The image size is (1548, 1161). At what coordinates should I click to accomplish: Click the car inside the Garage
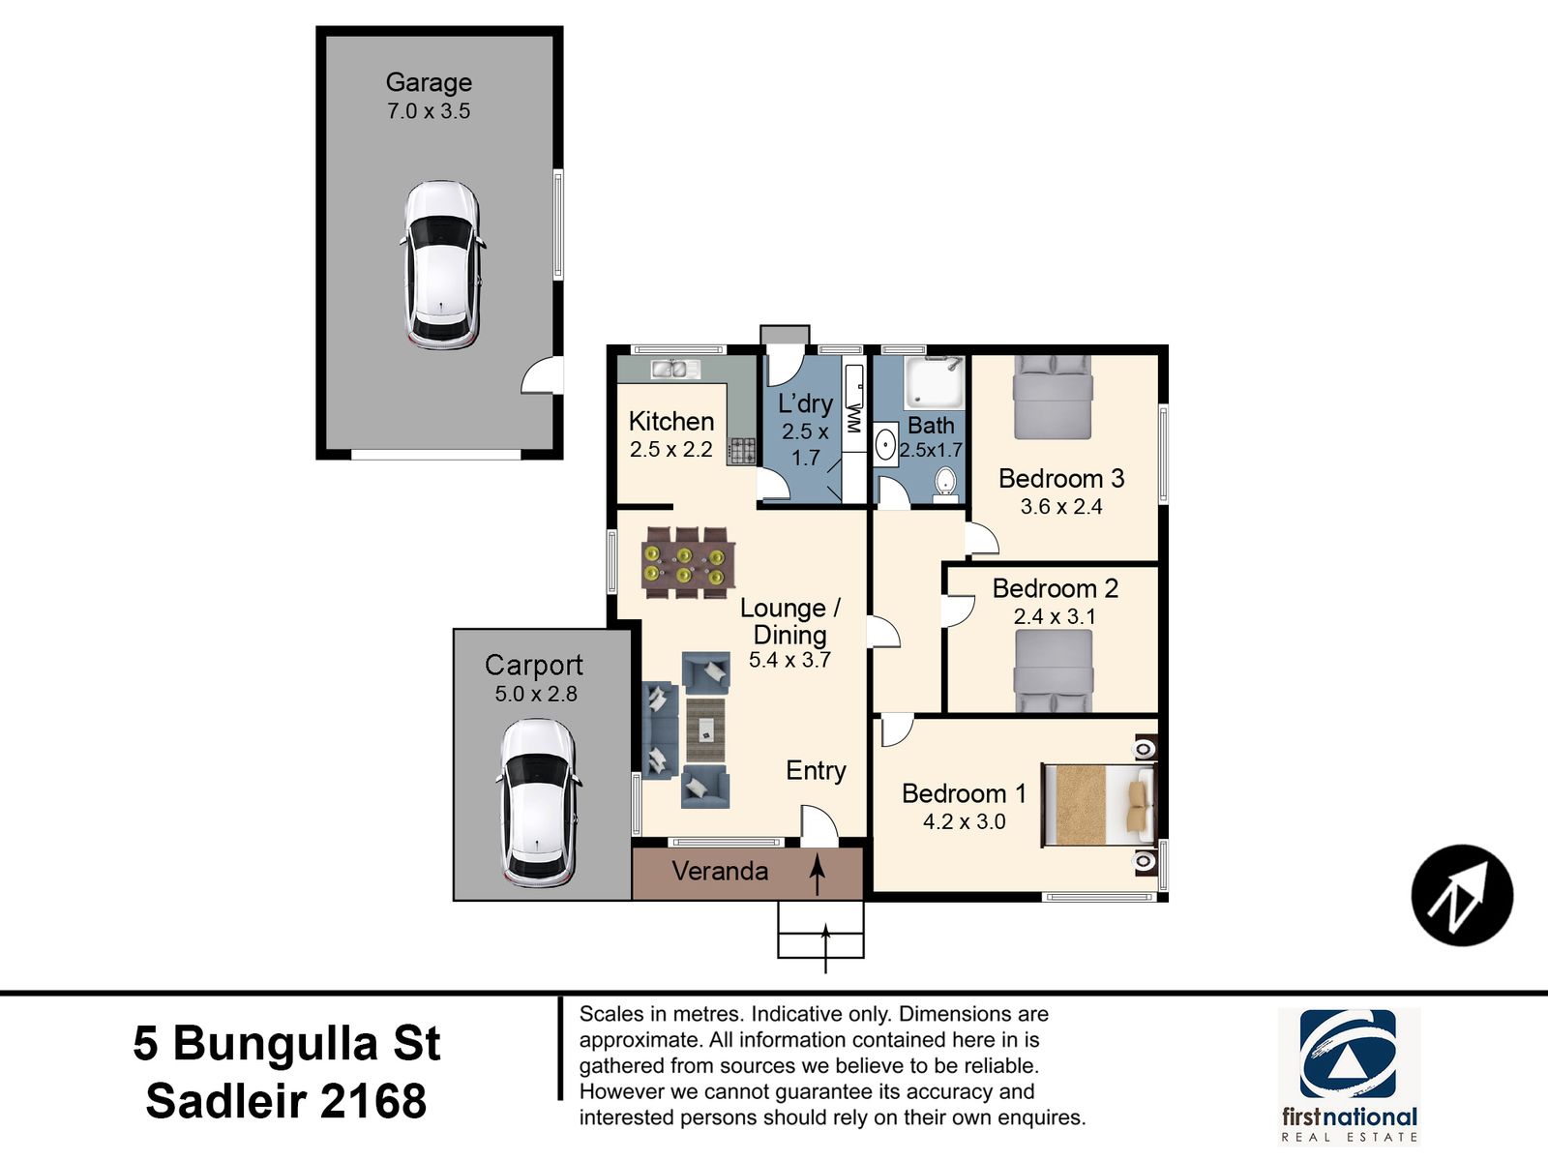coord(441,265)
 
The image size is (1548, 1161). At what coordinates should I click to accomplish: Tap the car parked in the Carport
coord(537,803)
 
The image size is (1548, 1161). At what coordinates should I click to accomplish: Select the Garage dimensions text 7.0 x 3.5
coord(428,111)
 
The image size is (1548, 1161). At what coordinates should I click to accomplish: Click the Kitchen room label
coord(670,422)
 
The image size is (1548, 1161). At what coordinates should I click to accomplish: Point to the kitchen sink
coord(675,369)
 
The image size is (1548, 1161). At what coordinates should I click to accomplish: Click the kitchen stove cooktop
coord(741,451)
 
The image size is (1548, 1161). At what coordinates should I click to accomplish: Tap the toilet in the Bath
coord(945,485)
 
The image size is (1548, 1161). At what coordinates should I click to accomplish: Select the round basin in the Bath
coord(884,445)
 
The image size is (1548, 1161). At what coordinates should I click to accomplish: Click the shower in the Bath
coord(934,383)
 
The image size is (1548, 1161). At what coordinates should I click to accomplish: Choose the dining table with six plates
coord(688,563)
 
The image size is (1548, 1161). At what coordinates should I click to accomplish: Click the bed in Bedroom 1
coord(1099,804)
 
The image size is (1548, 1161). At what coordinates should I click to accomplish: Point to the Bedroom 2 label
coord(1055,588)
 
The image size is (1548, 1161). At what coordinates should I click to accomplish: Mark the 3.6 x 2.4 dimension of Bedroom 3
coord(1060,506)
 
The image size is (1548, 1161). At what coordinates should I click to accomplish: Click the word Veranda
coord(720,872)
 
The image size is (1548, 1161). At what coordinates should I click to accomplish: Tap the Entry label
coord(816,771)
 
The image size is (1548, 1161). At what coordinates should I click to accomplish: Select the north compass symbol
coord(1462,895)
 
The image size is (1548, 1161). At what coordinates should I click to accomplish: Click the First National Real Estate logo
coord(1349,1076)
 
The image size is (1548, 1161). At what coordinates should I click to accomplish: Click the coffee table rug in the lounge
coord(705,730)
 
